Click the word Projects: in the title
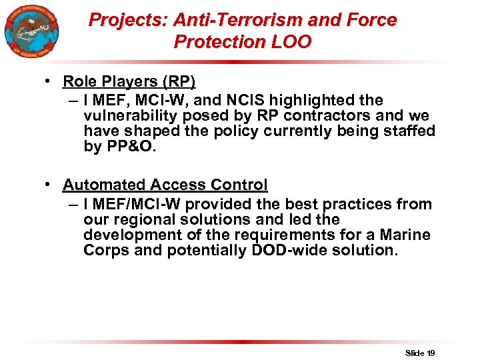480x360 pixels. click(128, 20)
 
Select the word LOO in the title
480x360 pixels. click(292, 42)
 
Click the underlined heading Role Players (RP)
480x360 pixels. click(129, 81)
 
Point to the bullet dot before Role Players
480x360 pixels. click(49, 81)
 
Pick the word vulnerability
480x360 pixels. click(127, 115)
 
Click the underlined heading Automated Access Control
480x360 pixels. click(165, 185)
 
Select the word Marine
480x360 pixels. click(405, 235)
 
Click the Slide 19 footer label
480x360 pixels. click(420, 352)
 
